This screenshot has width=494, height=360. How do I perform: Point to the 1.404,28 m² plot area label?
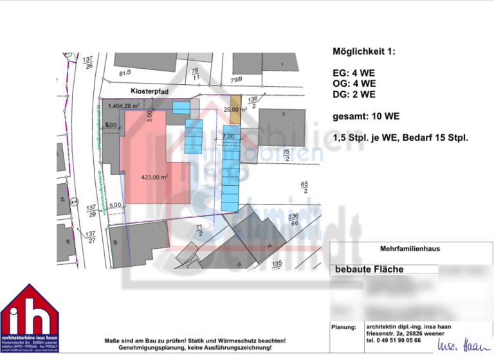click(x=124, y=105)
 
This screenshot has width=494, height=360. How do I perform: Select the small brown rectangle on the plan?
click(x=235, y=109)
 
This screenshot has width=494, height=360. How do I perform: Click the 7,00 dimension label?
click(x=228, y=136)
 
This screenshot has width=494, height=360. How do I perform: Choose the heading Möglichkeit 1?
click(x=363, y=51)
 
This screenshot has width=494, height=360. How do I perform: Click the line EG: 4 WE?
click(x=354, y=74)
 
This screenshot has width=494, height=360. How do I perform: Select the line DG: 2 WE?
click(x=354, y=94)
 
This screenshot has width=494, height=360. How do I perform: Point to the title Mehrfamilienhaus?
click(x=410, y=248)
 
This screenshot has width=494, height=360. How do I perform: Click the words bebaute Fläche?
click(x=370, y=269)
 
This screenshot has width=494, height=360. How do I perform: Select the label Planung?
click(x=343, y=327)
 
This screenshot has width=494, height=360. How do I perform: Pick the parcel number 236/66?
click(x=293, y=219)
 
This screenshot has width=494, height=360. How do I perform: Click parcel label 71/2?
click(x=199, y=230)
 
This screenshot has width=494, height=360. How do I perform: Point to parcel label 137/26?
click(x=88, y=62)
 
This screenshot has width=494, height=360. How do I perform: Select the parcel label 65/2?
click(x=304, y=188)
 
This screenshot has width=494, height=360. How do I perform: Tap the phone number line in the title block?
click(x=393, y=341)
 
